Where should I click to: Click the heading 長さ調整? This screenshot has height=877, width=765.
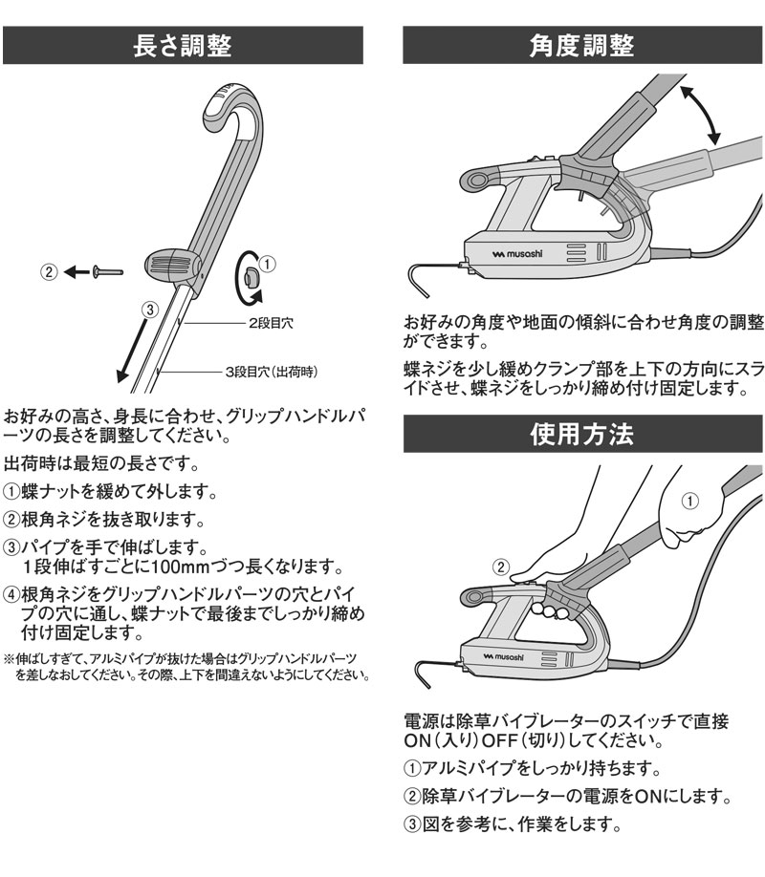[x=182, y=45]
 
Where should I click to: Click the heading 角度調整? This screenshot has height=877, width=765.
[x=582, y=45]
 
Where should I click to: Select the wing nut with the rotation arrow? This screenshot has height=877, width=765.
[x=246, y=278]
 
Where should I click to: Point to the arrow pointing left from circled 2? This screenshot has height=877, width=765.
[x=75, y=272]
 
